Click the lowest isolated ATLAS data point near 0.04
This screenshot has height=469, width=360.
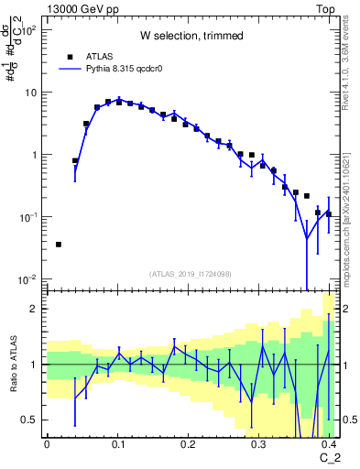(x=59, y=245)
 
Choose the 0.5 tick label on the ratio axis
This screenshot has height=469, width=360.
(x=32, y=420)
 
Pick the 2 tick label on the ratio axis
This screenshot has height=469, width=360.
(x=37, y=309)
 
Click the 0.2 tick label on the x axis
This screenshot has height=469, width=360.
(x=189, y=443)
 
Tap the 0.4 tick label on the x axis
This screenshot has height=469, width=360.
(x=330, y=443)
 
